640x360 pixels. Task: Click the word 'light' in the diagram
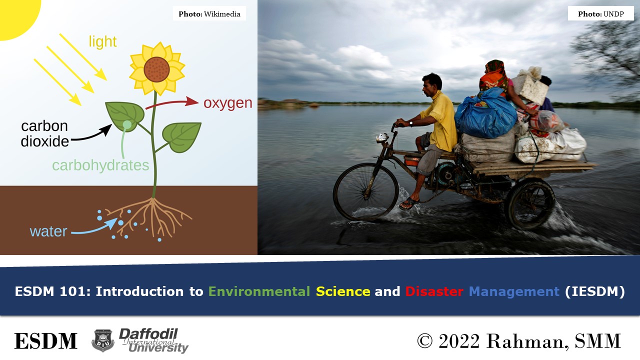[102, 41]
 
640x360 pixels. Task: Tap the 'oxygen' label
[227, 103]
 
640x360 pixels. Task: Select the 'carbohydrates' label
[100, 165]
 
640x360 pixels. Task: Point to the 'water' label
[48, 231]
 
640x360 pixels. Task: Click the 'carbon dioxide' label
[44, 133]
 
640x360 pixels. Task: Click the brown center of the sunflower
[156, 69]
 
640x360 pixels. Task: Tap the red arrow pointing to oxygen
[171, 103]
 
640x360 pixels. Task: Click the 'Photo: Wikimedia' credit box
[209, 13]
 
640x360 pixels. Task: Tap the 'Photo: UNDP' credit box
[600, 13]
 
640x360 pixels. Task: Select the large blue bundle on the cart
[485, 113]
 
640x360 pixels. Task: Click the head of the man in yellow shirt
[432, 85]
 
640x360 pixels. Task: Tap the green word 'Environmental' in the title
[259, 291]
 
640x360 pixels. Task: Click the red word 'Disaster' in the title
[434, 291]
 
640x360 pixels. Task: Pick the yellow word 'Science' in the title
[343, 291]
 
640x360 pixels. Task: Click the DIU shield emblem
[103, 340]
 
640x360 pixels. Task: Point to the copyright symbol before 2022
[425, 341]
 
